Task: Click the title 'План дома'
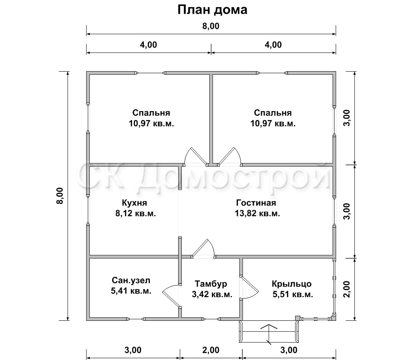click(212, 10)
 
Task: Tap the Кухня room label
click(135, 203)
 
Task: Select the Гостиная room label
click(256, 203)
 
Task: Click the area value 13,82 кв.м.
click(257, 214)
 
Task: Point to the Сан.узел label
click(131, 280)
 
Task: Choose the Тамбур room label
click(211, 284)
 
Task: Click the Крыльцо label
click(291, 284)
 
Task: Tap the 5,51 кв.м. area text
click(293, 294)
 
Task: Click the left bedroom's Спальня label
click(151, 113)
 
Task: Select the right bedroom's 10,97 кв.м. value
click(273, 123)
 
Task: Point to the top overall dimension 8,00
click(211, 26)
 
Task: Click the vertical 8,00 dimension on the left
click(60, 196)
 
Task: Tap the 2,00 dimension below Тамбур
click(211, 350)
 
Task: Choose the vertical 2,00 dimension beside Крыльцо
click(347, 289)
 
